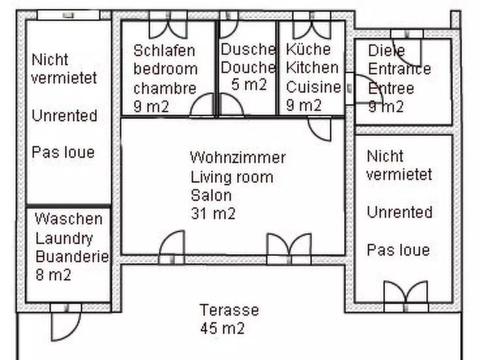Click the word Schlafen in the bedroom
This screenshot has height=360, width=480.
click(164, 51)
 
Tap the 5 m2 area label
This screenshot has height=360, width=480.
click(248, 85)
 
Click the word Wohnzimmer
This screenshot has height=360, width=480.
click(238, 157)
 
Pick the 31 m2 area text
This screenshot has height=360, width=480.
click(213, 214)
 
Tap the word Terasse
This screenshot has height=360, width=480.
click(229, 310)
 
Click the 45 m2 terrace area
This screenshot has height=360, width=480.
click(222, 328)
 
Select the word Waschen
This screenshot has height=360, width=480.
click(68, 219)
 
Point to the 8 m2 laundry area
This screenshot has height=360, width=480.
click(53, 275)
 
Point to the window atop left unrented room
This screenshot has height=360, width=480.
click(68, 15)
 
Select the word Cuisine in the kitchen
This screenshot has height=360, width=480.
click(314, 87)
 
